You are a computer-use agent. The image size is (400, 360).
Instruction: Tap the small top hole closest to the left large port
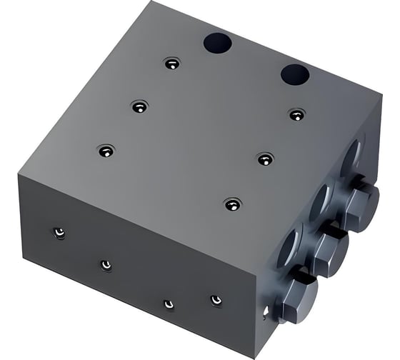click(170, 64)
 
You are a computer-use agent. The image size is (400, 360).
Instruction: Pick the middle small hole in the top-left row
click(139, 106)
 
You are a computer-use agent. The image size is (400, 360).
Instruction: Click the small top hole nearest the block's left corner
click(106, 151)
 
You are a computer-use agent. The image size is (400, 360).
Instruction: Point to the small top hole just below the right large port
click(297, 114)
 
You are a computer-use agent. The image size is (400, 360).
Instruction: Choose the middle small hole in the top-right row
click(265, 159)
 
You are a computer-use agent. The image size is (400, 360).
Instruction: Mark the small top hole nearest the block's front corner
click(231, 204)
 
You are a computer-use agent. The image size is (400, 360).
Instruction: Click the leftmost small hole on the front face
click(60, 232)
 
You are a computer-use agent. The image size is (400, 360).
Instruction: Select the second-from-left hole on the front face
click(106, 265)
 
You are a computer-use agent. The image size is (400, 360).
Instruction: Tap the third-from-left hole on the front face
click(169, 304)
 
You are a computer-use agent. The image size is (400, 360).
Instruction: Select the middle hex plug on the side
click(329, 246)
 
